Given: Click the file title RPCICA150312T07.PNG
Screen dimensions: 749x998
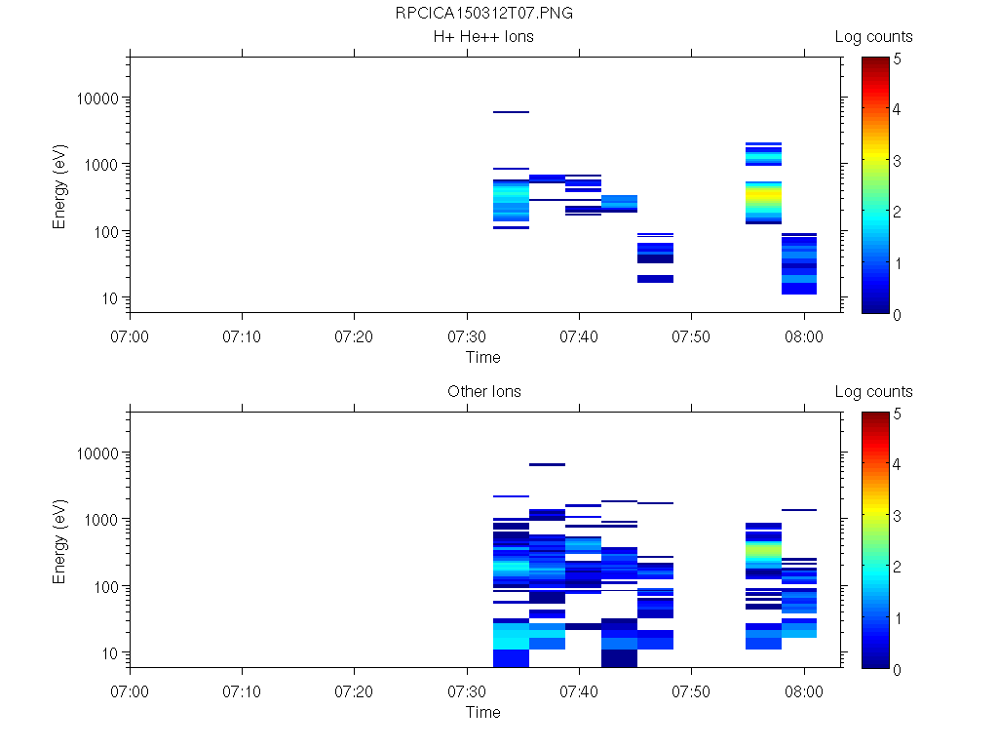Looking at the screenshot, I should (x=483, y=14).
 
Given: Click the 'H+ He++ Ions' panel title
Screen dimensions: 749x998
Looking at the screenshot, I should (x=483, y=37).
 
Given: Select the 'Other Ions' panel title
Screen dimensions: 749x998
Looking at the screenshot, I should (x=483, y=392).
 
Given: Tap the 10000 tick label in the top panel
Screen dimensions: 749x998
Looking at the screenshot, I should (x=96, y=99).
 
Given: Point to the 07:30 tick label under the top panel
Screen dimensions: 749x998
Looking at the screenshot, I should (x=467, y=335).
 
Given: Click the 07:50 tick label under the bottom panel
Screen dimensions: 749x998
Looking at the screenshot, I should (x=691, y=690).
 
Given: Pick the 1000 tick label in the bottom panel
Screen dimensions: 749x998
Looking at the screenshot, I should (x=100, y=520).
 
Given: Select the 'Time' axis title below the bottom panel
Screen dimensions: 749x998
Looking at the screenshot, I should (x=482, y=712).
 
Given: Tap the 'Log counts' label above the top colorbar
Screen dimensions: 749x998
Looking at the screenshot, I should (x=873, y=37).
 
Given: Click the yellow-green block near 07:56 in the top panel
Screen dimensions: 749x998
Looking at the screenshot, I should (x=763, y=200).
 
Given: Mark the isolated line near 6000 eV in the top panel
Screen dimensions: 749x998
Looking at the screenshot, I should (x=511, y=112).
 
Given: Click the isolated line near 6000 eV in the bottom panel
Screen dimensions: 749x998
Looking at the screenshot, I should (x=547, y=464).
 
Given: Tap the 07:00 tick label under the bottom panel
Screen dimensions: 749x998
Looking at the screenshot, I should (x=130, y=690).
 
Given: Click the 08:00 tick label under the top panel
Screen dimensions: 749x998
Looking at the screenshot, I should (x=803, y=335).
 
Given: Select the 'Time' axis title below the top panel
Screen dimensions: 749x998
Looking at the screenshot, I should (x=482, y=357).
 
